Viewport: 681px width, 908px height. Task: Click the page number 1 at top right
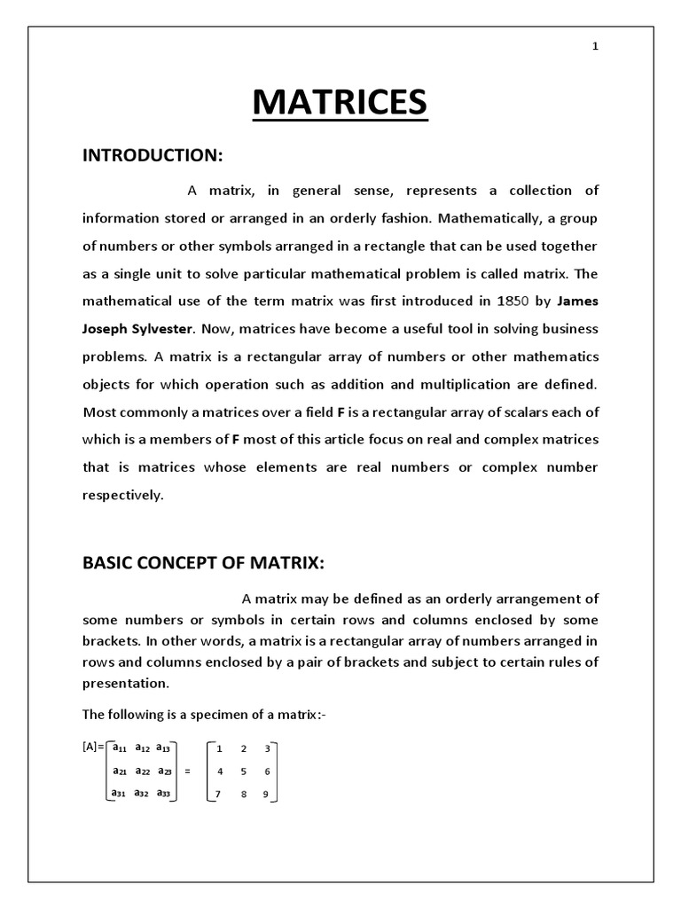[x=596, y=47]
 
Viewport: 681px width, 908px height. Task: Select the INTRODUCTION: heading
[x=152, y=155]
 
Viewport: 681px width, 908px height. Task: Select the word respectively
[x=123, y=496]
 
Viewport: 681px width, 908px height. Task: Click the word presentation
[x=124, y=684]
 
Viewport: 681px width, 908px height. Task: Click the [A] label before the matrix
[x=90, y=748]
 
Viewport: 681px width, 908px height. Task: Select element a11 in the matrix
[x=120, y=748]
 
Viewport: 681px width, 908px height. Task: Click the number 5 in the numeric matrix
[x=244, y=772]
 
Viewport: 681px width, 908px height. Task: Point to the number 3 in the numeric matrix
[x=267, y=749]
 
